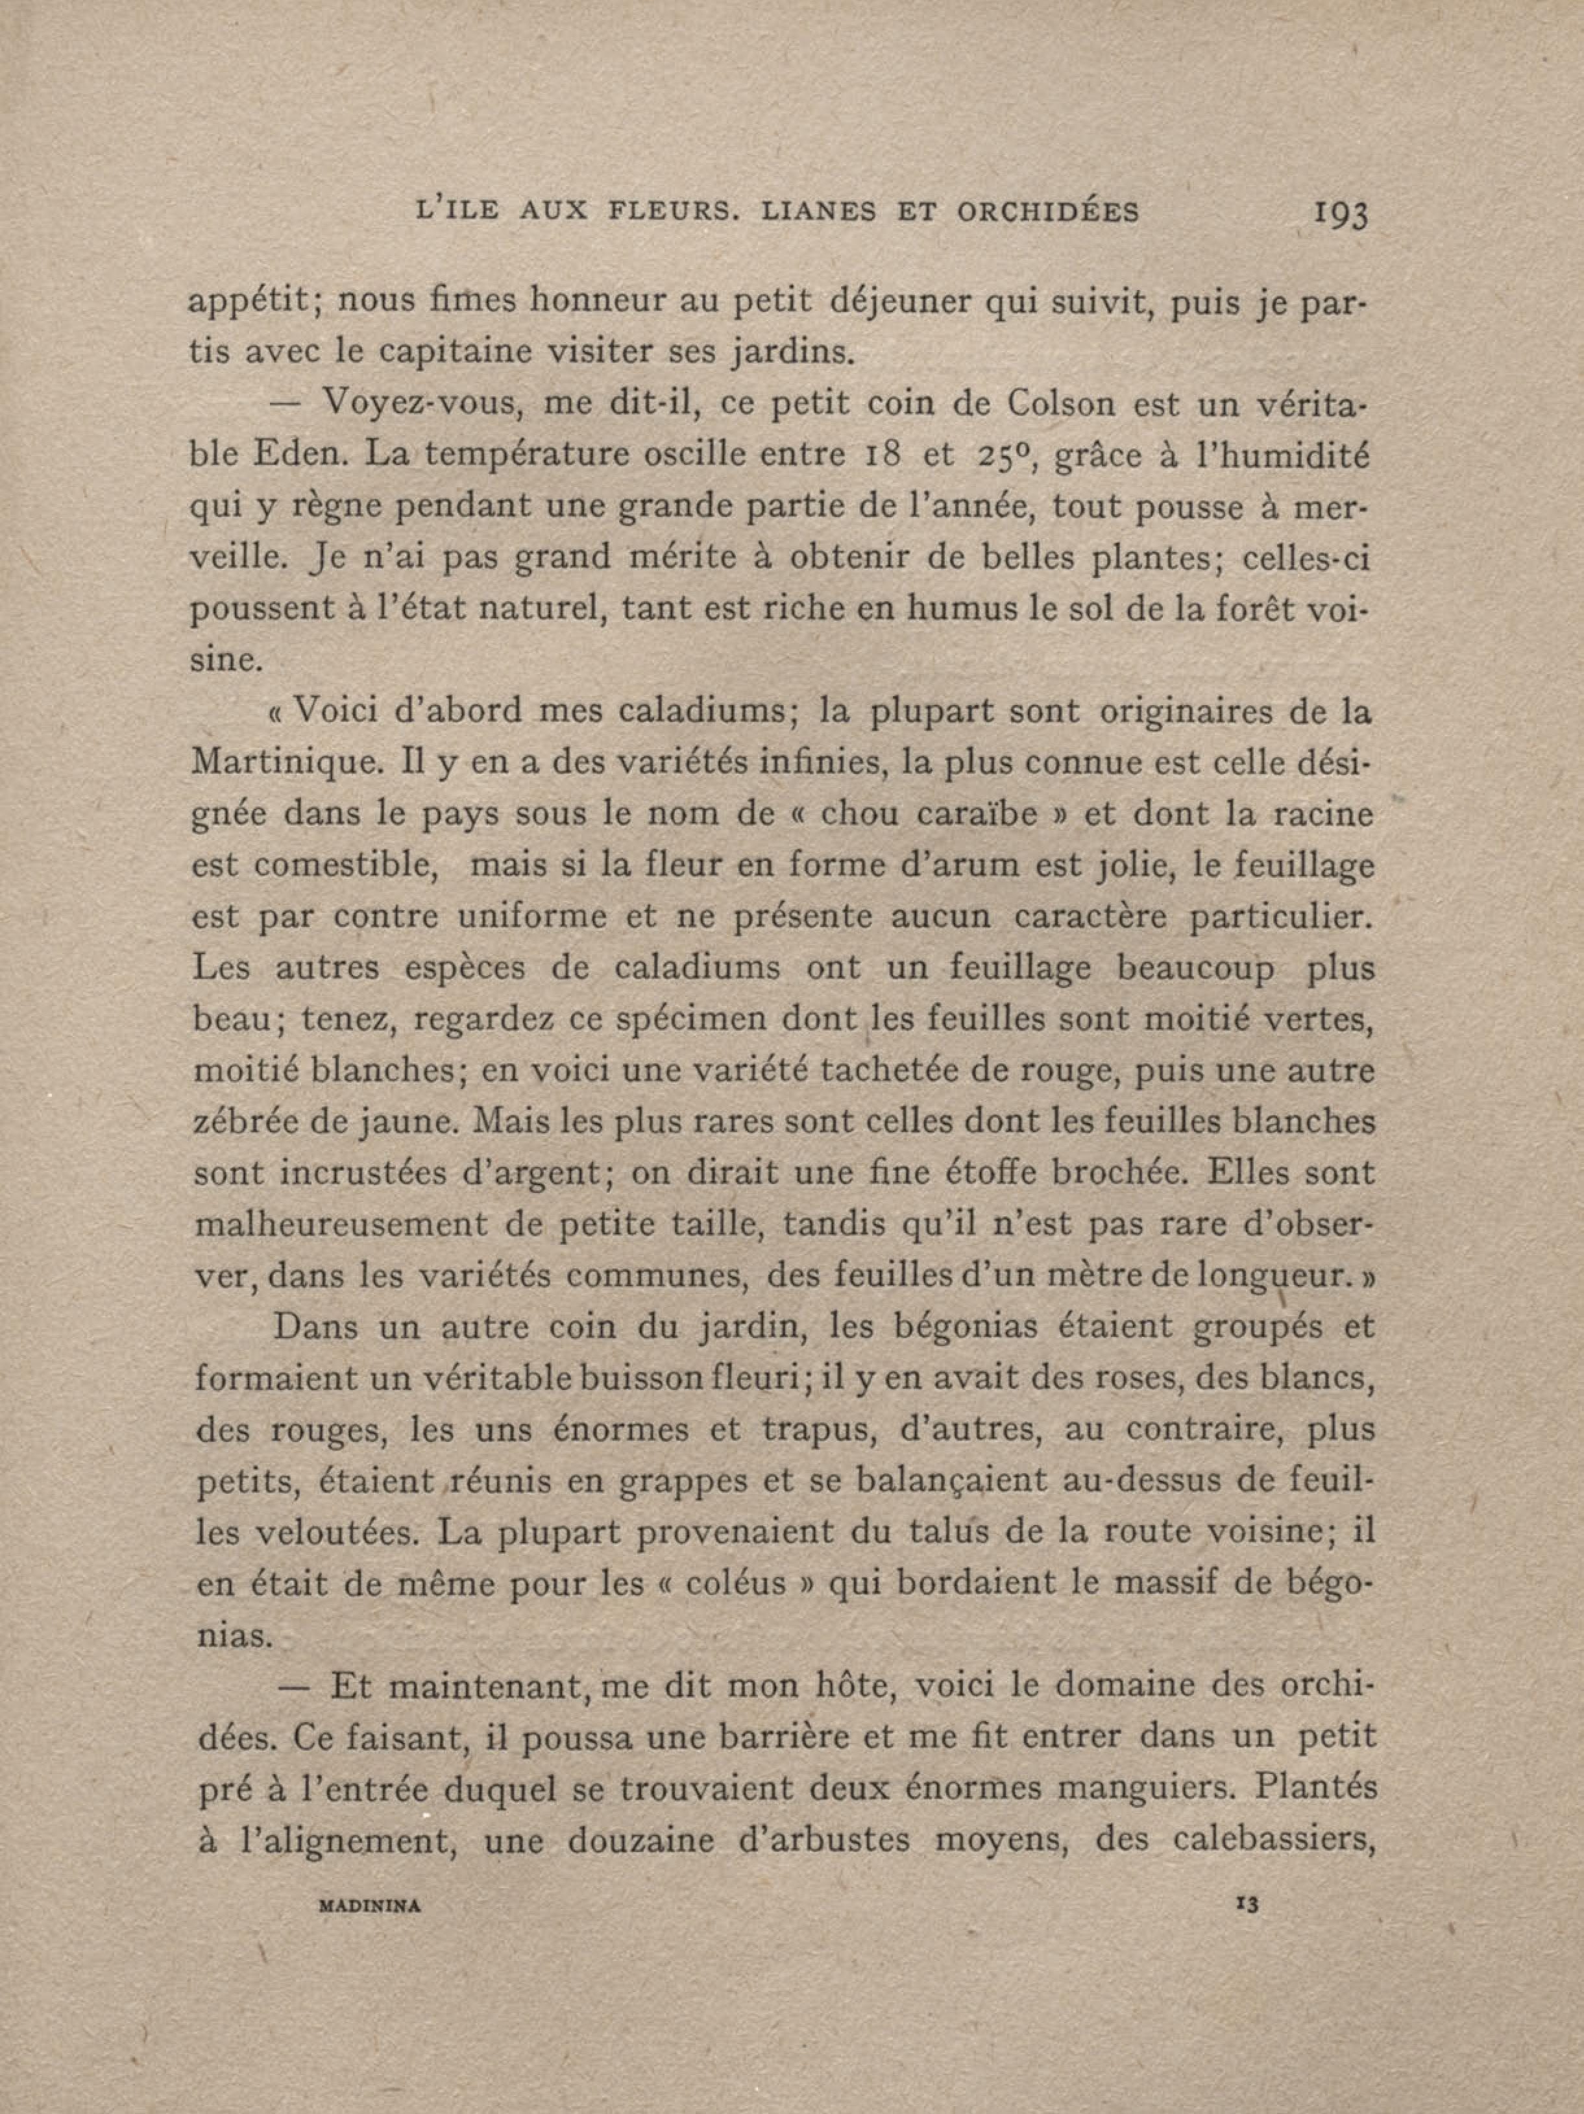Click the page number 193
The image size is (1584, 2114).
1341,213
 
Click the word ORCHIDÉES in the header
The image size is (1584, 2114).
1048,211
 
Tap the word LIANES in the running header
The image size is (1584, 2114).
818,211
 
